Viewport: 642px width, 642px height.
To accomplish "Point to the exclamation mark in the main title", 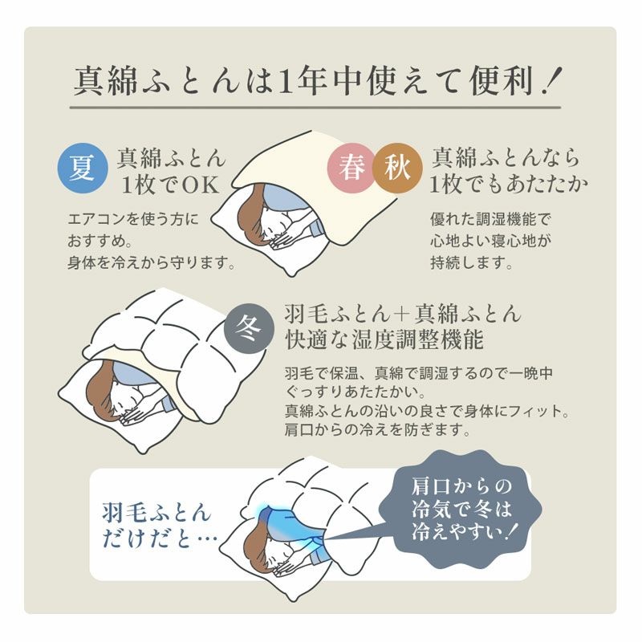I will click(x=552, y=80).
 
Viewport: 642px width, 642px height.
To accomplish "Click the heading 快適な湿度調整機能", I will click(x=384, y=340).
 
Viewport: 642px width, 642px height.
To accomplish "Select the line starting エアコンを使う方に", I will click(x=133, y=219).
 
